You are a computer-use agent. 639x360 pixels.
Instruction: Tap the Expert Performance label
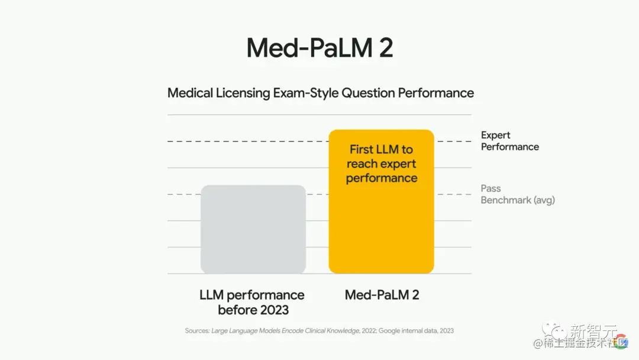[509, 141]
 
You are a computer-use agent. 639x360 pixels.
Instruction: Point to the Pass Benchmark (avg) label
[517, 194]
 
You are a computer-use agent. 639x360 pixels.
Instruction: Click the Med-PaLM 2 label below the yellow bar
[382, 295]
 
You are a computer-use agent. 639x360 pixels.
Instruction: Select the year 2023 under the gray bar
[270, 310]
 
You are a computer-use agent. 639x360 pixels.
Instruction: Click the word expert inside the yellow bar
[398, 164]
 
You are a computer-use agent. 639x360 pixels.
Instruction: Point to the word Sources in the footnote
[196, 330]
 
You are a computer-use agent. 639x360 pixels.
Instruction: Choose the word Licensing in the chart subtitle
[243, 93]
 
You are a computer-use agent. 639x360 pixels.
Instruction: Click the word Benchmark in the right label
[506, 200]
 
